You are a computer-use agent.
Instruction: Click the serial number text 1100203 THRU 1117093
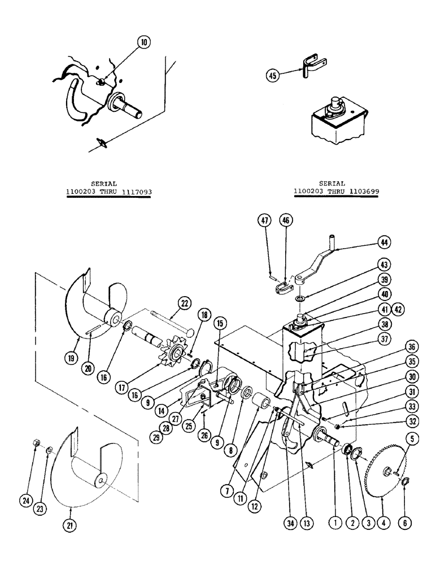point(110,192)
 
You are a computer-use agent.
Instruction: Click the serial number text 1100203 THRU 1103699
point(336,192)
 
